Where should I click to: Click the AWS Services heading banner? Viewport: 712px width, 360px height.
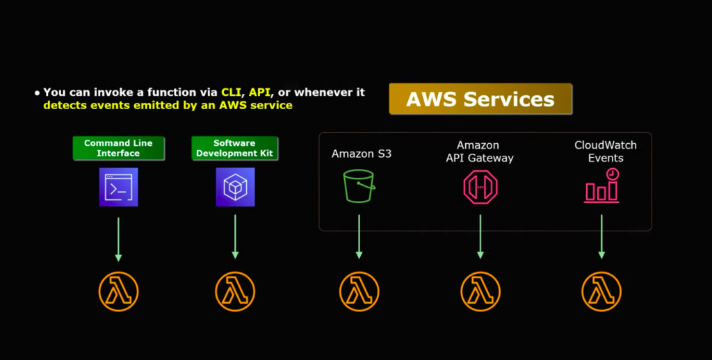pos(480,99)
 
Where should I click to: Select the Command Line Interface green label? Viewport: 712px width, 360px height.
pos(118,148)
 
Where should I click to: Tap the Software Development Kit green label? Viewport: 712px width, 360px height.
pos(234,148)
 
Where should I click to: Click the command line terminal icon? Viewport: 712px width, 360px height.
pos(118,187)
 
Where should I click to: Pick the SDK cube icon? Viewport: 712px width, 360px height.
pos(235,187)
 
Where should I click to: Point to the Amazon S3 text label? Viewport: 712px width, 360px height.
pos(362,154)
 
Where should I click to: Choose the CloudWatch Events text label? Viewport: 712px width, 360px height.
pos(606,152)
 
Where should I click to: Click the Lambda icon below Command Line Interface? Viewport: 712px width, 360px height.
pos(118,291)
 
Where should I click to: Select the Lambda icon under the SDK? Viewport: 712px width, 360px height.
pos(235,291)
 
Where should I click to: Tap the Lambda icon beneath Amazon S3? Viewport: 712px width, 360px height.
pos(359,291)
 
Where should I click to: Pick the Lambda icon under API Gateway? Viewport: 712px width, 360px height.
pos(480,291)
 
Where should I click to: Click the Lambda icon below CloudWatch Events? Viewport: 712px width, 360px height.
pos(601,291)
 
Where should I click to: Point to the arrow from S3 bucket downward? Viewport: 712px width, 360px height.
pos(359,236)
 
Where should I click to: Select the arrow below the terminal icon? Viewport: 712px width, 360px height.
pos(118,238)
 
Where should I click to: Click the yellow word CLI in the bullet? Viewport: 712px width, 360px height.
pos(229,92)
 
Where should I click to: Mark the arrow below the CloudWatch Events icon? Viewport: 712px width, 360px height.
pos(601,236)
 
